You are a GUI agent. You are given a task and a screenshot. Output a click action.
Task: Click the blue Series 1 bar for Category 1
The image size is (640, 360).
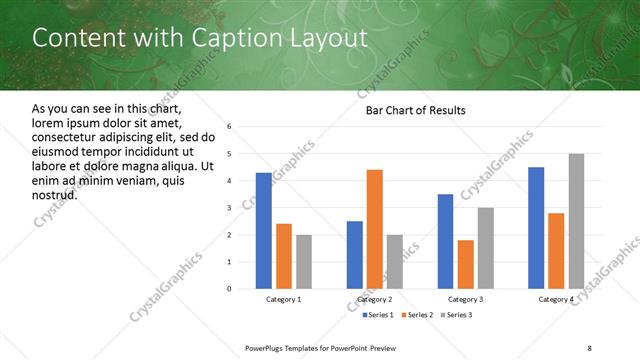click(x=263, y=231)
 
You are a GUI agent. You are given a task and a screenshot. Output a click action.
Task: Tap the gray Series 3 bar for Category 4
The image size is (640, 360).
click(x=576, y=221)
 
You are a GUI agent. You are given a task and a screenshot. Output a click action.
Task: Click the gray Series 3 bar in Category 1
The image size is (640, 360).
click(x=303, y=262)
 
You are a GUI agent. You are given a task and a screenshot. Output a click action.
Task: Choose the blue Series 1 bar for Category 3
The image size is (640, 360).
click(x=445, y=241)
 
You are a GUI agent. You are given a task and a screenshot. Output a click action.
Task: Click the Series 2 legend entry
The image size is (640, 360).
click(x=416, y=316)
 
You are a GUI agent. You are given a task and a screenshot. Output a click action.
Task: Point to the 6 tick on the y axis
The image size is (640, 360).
click(x=229, y=127)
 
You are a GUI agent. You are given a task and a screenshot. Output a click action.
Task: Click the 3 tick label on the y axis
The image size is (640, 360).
click(x=229, y=208)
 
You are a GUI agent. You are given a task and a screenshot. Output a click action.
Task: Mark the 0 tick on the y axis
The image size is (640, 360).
click(x=229, y=289)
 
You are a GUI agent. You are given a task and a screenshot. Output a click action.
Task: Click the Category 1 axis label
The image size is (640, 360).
click(x=283, y=299)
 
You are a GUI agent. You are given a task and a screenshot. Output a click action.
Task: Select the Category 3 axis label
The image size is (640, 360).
click(x=465, y=299)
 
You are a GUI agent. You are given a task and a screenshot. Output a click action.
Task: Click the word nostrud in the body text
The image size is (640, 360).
click(x=55, y=194)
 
